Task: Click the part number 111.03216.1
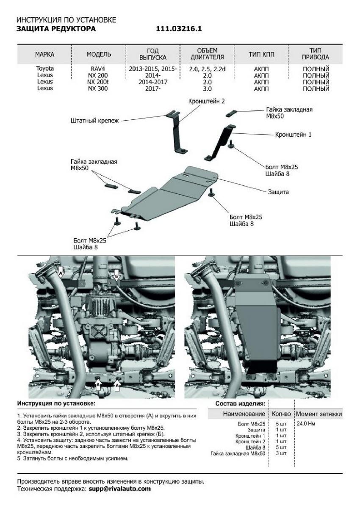(x=179, y=29)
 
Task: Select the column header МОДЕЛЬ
(x=99, y=54)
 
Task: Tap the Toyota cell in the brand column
(x=45, y=68)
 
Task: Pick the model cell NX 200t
(x=98, y=82)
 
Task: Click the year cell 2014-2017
(x=153, y=82)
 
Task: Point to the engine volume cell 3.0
(x=207, y=88)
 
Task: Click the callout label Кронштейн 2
(x=207, y=101)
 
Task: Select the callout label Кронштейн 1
(x=294, y=134)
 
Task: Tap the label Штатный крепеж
(x=95, y=121)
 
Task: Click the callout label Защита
(x=278, y=192)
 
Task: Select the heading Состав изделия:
(x=240, y=404)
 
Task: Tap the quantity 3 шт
(x=280, y=453)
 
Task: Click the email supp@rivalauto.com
(x=119, y=489)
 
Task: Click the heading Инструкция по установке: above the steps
(x=56, y=404)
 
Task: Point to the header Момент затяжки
(x=318, y=414)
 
